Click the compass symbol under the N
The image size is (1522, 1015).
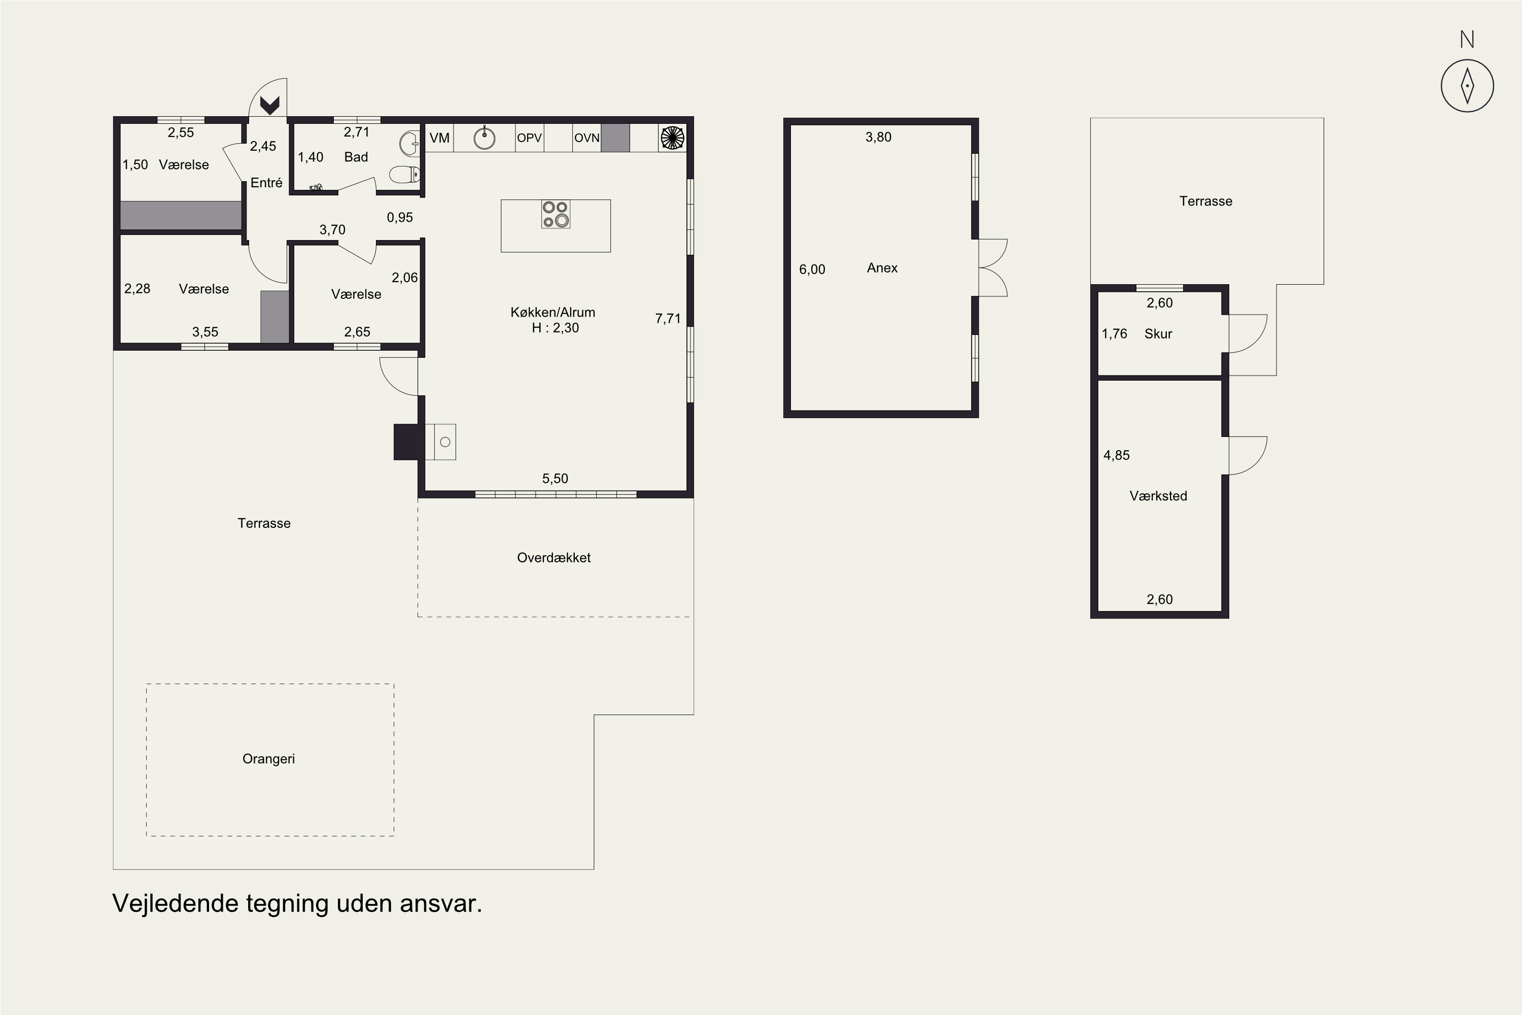pos(1467,85)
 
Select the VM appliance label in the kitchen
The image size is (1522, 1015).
pos(439,138)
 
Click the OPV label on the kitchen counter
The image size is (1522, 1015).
pos(529,138)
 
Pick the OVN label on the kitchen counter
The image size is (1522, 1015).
pos(587,138)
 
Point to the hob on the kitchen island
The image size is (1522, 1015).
pos(555,214)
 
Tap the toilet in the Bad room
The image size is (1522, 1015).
pos(404,174)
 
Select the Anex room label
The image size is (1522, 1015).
pos(882,268)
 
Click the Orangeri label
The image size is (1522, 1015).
pos(268,759)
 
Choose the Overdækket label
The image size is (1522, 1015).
pos(554,557)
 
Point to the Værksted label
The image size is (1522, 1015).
pos(1158,496)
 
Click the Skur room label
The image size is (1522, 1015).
pos(1158,334)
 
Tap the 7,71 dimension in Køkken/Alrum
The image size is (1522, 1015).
pos(668,319)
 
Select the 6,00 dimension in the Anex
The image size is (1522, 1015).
pos(812,269)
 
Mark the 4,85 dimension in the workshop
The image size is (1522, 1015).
pos(1116,455)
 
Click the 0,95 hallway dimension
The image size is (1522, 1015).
pos(400,218)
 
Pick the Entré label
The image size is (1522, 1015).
pos(267,183)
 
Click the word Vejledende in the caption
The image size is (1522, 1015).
pos(176,904)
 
